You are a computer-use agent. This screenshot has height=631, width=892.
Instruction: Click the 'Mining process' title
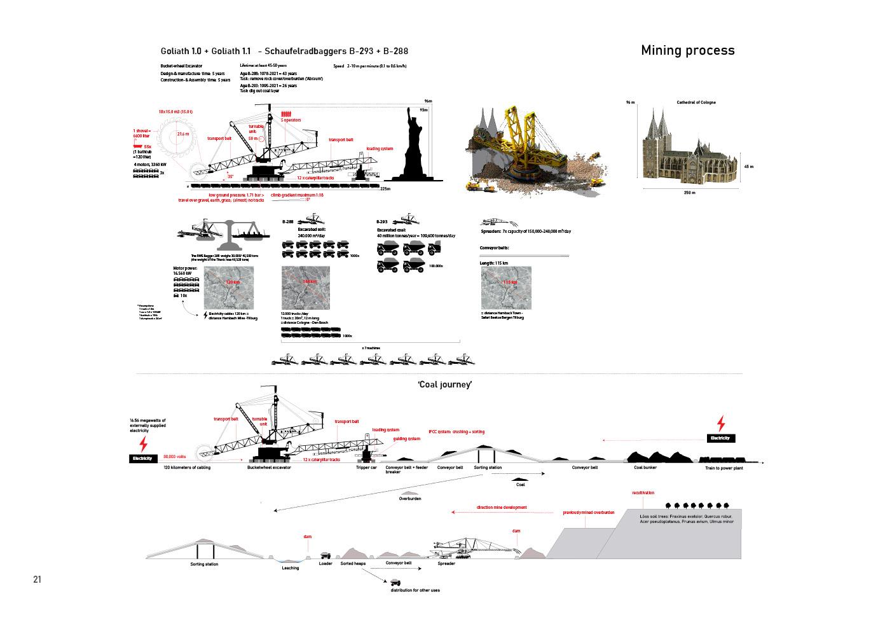687,50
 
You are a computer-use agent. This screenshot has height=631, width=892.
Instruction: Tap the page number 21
37,579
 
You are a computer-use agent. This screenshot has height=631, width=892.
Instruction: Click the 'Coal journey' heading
444,384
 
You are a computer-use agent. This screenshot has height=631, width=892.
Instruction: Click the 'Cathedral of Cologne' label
696,102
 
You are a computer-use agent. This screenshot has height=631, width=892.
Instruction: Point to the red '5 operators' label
291,120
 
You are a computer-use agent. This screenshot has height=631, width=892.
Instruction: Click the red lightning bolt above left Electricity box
143,443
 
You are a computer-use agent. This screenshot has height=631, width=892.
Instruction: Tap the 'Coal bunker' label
645,468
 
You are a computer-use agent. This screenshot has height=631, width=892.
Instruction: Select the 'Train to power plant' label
724,468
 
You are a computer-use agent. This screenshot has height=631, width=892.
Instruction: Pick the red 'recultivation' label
643,493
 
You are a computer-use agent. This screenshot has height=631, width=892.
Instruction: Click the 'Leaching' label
290,568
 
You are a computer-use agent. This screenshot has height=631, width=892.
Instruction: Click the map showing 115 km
506,288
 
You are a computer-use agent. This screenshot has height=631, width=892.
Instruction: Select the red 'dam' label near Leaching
307,536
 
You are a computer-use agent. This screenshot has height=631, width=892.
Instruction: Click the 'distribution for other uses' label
415,590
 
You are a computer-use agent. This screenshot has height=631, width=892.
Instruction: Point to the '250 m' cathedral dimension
689,193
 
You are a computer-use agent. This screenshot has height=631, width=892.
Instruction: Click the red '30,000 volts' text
174,456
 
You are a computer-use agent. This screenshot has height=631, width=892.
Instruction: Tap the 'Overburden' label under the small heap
411,499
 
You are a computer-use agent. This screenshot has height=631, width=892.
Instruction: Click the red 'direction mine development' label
502,508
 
